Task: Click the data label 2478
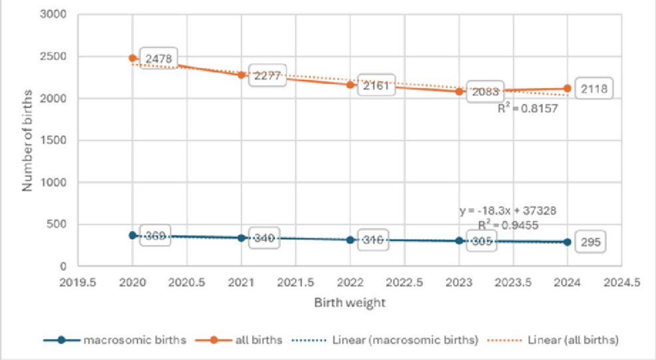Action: [x=158, y=59]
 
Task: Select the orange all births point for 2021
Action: [x=241, y=75]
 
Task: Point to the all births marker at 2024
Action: [x=567, y=88]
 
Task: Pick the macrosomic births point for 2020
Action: [x=132, y=235]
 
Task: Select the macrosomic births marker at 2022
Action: [x=350, y=240]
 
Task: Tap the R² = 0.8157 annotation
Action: [x=528, y=106]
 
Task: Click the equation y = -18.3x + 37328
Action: [x=508, y=210]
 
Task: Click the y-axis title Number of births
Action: [x=28, y=140]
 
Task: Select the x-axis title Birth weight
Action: [x=349, y=302]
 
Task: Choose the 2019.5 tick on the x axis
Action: [x=78, y=281]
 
